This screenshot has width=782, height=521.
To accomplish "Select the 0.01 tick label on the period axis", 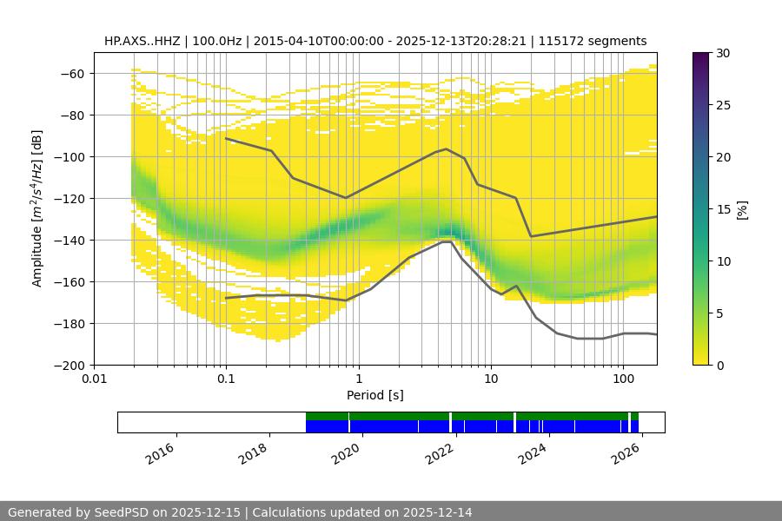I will pyautogui.click(x=94, y=379).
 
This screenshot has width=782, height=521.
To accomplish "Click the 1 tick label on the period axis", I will pyautogui.click(x=358, y=379).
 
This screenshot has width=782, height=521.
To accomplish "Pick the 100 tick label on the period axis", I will pyautogui.click(x=622, y=379).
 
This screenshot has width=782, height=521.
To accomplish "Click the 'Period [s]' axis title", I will pyautogui.click(x=374, y=396).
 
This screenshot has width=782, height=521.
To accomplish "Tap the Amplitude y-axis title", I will pyautogui.click(x=36, y=208).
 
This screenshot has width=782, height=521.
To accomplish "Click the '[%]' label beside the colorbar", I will pyautogui.click(x=742, y=209).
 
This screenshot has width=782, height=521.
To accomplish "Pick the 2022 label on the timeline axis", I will pyautogui.click(x=440, y=453).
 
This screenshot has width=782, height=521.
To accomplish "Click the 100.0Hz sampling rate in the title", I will pyautogui.click(x=215, y=41).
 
